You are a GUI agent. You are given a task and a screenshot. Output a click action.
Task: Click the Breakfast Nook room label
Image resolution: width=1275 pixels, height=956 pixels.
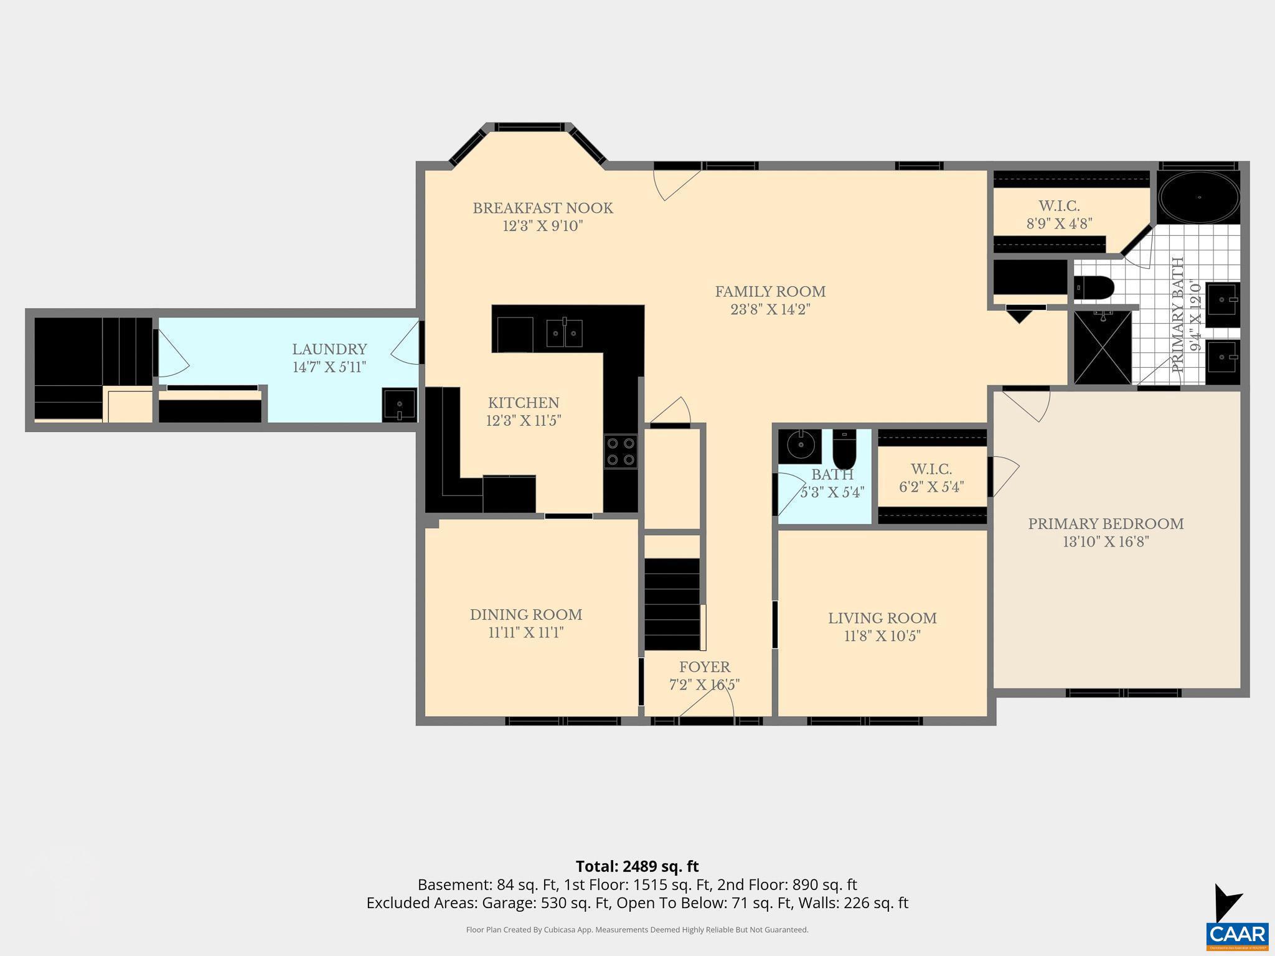click(542, 209)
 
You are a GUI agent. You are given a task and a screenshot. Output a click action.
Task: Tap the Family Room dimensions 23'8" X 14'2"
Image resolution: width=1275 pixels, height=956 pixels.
click(770, 309)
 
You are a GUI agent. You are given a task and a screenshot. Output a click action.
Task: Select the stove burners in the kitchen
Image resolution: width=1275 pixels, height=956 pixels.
click(621, 451)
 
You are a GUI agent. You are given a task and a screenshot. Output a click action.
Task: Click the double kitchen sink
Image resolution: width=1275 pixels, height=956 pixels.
click(564, 334)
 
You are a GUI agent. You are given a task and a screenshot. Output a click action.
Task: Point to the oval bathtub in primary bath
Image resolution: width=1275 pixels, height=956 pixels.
click(1198, 197)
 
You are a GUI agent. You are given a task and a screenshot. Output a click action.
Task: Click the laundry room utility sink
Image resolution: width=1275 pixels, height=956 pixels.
click(399, 405)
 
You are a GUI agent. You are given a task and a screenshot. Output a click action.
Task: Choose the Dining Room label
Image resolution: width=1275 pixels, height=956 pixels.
click(526, 615)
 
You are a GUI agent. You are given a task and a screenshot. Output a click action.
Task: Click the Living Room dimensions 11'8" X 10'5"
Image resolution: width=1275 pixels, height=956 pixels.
click(882, 636)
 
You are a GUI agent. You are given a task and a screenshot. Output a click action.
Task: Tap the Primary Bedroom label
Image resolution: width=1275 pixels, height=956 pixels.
click(1106, 524)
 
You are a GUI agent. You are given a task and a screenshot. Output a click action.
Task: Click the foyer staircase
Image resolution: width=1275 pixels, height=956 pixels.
click(672, 604)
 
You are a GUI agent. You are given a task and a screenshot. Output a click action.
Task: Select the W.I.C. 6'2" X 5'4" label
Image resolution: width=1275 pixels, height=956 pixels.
click(931, 478)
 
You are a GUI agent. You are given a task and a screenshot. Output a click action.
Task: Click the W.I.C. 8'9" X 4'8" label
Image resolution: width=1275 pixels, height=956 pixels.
click(1059, 215)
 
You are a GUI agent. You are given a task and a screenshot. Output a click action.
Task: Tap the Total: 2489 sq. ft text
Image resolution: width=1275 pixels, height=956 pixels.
click(637, 866)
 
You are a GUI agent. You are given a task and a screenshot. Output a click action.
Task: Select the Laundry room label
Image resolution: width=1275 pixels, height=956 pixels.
click(329, 349)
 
